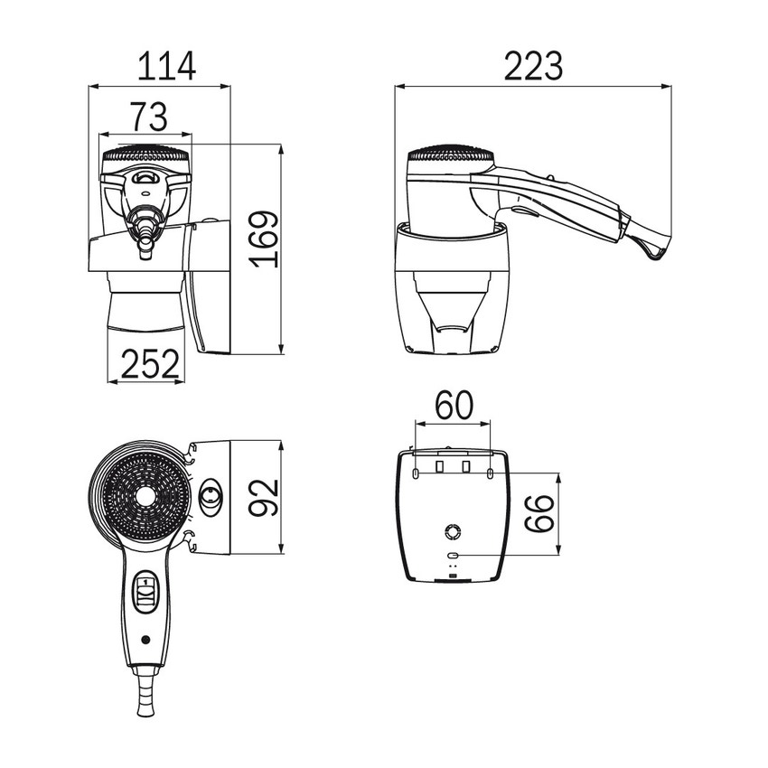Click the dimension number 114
tap(166, 66)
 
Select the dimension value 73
tap(149, 117)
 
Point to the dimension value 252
tap(150, 363)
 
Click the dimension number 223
tap(533, 66)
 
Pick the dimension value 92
tap(263, 498)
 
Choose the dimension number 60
tap(455, 405)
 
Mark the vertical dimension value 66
tap(539, 513)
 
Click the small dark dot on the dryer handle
tap(145, 640)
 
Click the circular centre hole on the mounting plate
tap(453, 531)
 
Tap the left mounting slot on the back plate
tap(416, 473)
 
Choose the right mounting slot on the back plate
tap(491, 473)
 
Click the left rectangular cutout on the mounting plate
tap(440, 466)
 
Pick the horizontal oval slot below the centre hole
tap(453, 556)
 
